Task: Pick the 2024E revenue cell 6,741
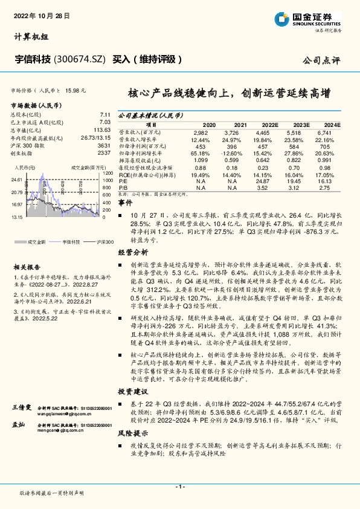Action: click(324, 132)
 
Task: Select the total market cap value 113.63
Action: click(101, 129)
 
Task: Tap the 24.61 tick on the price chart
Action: click(17, 180)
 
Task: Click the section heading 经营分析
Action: click(132, 251)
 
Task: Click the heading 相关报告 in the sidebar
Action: click(27, 267)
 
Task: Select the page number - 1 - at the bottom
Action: click(179, 487)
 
